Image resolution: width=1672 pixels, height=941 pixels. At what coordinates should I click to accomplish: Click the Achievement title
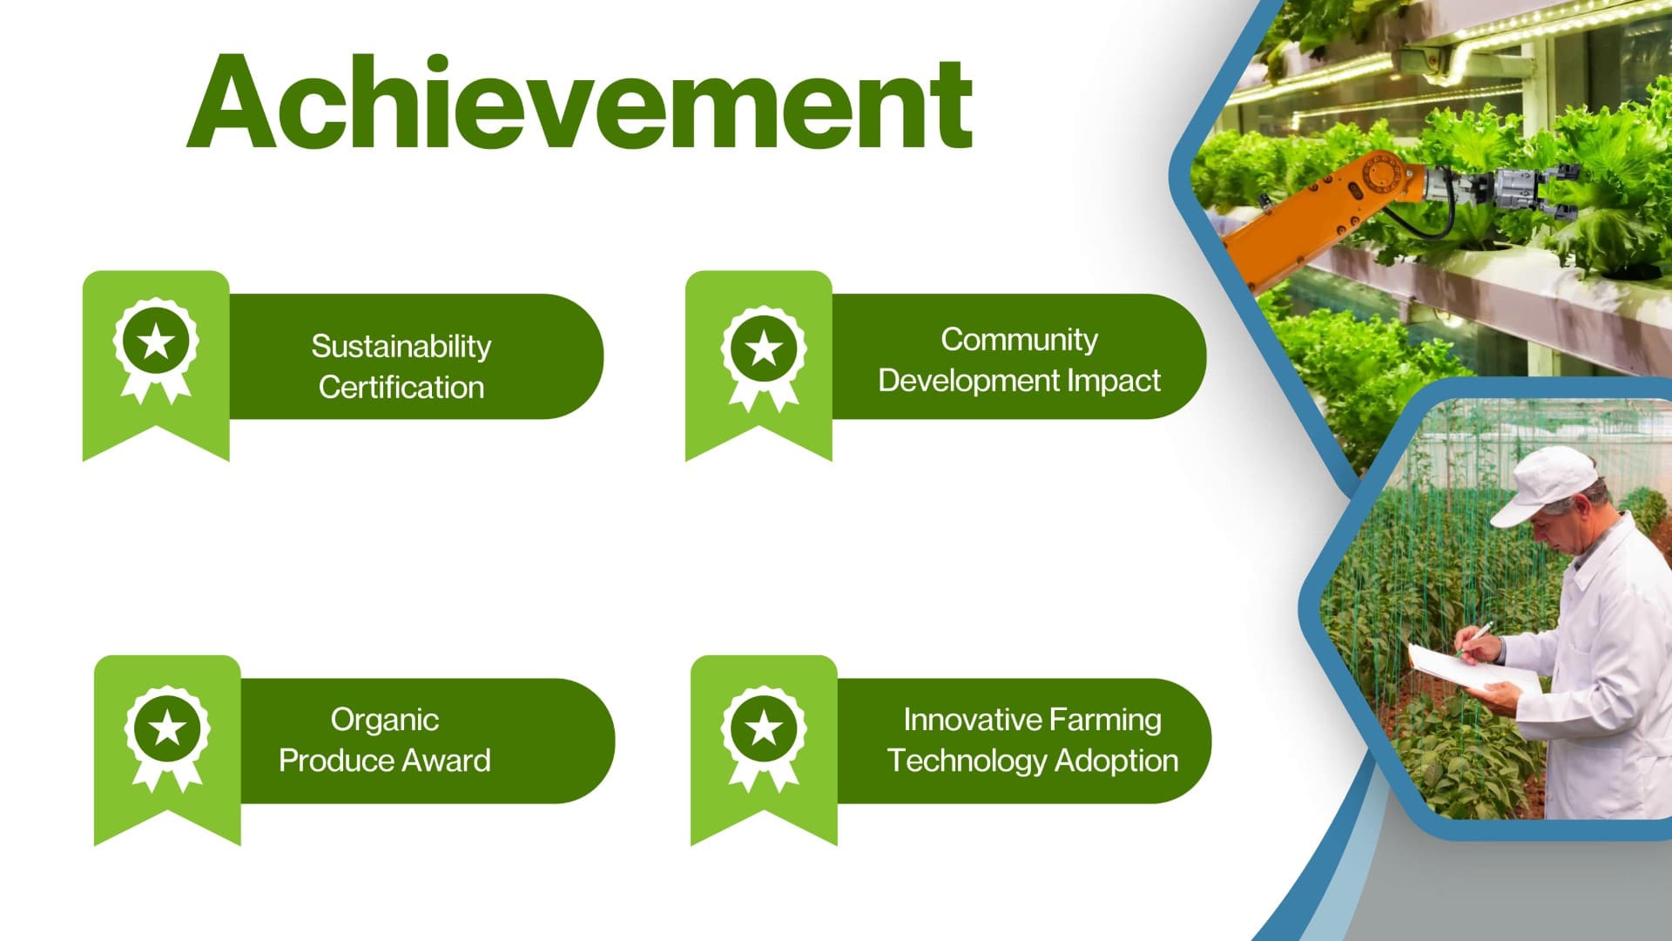click(579, 103)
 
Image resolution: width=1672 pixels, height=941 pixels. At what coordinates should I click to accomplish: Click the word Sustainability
click(401, 347)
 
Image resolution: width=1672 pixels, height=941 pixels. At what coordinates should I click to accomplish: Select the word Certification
click(401, 387)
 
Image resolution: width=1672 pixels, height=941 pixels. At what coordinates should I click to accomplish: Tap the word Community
click(1019, 340)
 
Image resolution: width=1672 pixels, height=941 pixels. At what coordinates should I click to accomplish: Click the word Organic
click(384, 721)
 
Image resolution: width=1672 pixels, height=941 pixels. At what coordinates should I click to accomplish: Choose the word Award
click(446, 761)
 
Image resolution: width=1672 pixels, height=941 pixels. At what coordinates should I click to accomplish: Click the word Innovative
click(961, 720)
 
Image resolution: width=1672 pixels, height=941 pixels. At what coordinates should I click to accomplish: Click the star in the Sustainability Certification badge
click(156, 342)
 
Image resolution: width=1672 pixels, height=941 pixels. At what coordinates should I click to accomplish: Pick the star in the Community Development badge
click(764, 349)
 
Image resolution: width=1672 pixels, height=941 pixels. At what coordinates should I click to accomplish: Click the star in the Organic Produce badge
click(167, 728)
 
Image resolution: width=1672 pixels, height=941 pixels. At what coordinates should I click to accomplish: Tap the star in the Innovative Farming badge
click(764, 728)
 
